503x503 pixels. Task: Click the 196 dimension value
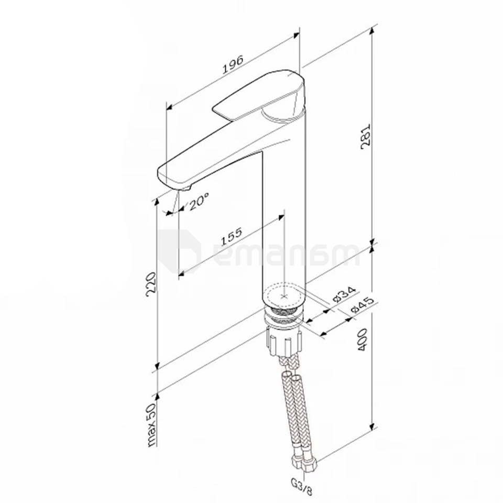[x=233, y=62]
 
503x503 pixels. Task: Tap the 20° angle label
[x=199, y=201]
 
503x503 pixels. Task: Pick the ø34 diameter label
[x=344, y=294]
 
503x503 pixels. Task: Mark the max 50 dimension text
[x=151, y=425]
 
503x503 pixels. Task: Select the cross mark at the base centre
[x=284, y=296]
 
